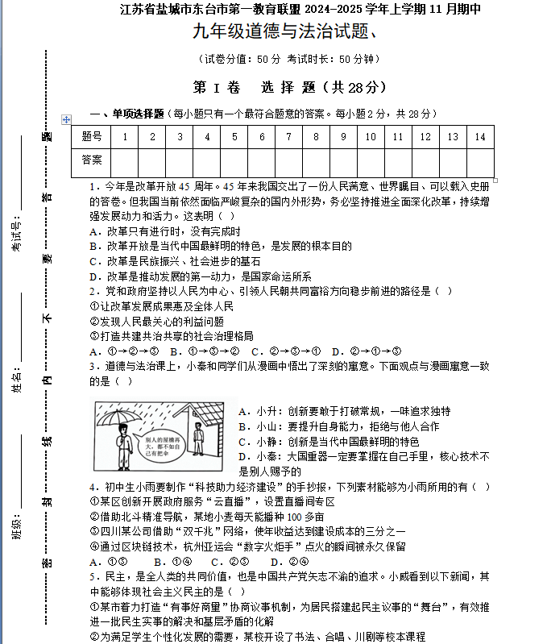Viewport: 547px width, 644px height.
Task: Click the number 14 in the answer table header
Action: coord(480,137)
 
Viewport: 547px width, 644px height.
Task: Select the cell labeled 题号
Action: coord(92,137)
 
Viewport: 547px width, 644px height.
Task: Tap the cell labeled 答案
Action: coord(92,160)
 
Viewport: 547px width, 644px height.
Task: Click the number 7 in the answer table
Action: coord(289,137)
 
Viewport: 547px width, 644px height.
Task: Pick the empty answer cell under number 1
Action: coord(125,160)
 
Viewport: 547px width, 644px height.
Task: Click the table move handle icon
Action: coord(67,119)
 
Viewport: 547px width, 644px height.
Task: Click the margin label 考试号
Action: coord(16,234)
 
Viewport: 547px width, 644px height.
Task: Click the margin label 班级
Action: coord(16,531)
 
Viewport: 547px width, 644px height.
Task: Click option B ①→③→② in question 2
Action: coord(205,351)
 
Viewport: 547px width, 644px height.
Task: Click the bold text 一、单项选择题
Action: coord(126,114)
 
